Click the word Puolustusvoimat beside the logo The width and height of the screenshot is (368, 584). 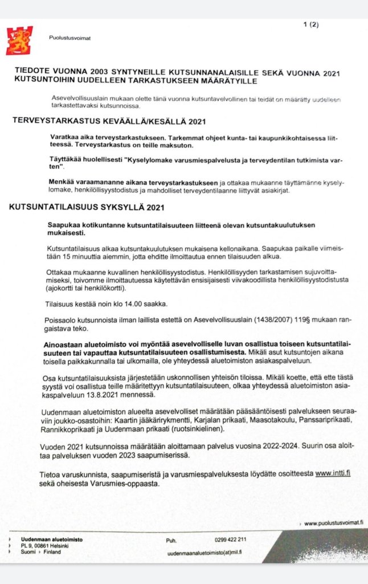coord(70,38)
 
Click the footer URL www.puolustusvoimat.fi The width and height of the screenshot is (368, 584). coord(334,523)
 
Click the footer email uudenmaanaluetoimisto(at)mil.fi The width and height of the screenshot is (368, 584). coord(205,553)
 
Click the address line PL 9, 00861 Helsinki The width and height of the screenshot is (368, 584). coord(45,546)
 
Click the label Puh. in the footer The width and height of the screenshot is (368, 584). coord(171,540)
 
